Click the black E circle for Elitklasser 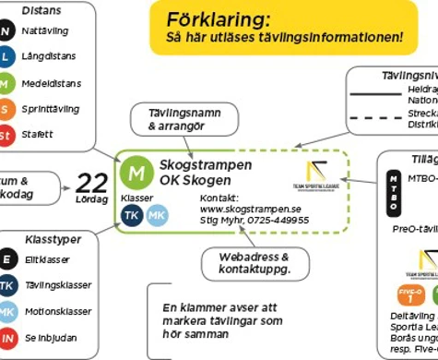tap(7, 259)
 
